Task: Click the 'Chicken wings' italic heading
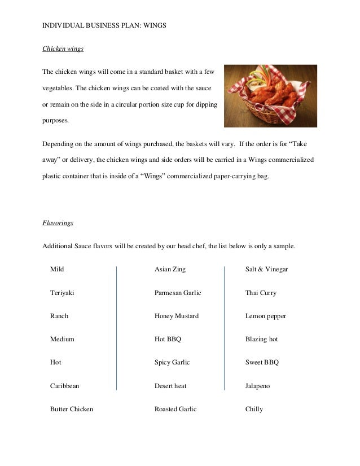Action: click(63, 49)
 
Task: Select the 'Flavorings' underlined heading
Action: click(58, 223)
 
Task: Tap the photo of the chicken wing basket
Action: click(270, 96)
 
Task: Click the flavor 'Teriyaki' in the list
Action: click(62, 293)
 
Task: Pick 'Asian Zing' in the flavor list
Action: click(170, 270)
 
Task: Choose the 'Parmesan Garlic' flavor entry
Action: click(178, 293)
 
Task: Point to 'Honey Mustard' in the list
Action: click(177, 316)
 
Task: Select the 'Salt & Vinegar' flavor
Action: click(266, 270)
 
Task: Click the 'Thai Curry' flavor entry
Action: click(261, 293)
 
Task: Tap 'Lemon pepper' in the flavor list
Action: click(266, 316)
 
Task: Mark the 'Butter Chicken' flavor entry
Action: click(72, 409)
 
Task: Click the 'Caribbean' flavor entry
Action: click(65, 386)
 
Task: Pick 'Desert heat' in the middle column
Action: click(170, 386)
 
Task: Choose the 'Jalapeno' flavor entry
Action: click(258, 386)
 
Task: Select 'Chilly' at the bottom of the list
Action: click(254, 409)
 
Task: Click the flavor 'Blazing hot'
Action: click(262, 340)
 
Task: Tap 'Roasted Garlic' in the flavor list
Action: click(175, 409)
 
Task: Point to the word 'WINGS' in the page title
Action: click(152, 26)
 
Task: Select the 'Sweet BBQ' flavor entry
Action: click(262, 362)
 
